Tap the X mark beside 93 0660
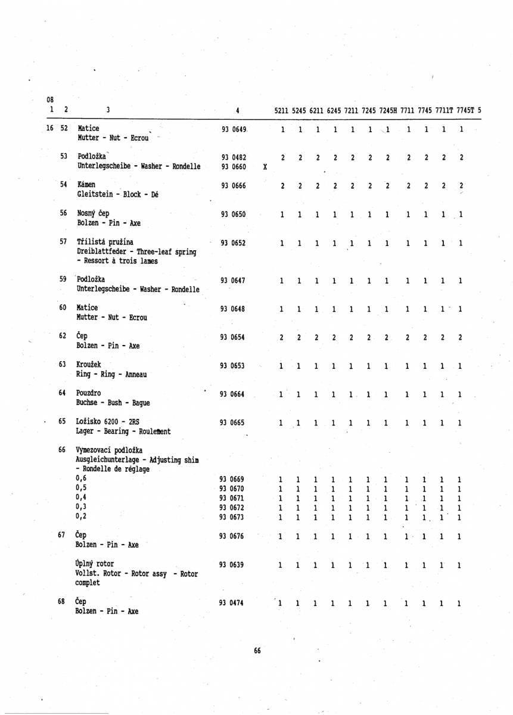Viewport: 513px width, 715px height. tap(265, 167)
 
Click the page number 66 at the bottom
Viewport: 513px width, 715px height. tap(257, 651)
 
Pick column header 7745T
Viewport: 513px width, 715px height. tap(462, 110)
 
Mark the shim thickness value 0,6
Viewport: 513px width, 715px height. tap(82, 478)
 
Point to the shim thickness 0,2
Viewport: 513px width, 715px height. tap(82, 517)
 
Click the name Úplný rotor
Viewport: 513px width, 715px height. tap(95, 563)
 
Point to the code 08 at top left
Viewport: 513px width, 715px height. tap(51, 100)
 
